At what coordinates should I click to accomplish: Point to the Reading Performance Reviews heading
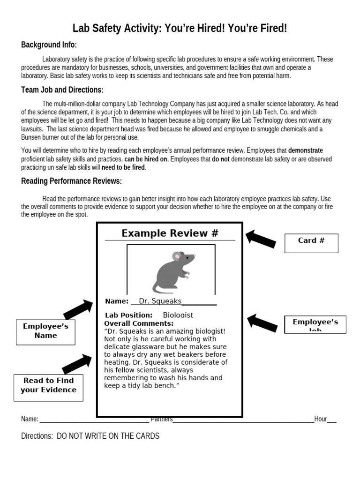click(71, 181)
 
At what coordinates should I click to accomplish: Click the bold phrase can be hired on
click(146, 159)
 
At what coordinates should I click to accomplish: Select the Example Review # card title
click(170, 233)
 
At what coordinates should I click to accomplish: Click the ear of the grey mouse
click(177, 256)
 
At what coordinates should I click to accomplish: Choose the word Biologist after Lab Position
click(178, 315)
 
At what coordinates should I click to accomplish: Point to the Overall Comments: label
click(139, 323)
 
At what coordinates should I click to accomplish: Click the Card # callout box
click(311, 243)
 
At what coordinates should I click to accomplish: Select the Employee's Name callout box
click(45, 331)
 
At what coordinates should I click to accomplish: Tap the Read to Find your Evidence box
click(48, 387)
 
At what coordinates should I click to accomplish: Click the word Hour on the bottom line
click(321, 419)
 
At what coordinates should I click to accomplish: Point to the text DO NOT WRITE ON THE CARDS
click(108, 436)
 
